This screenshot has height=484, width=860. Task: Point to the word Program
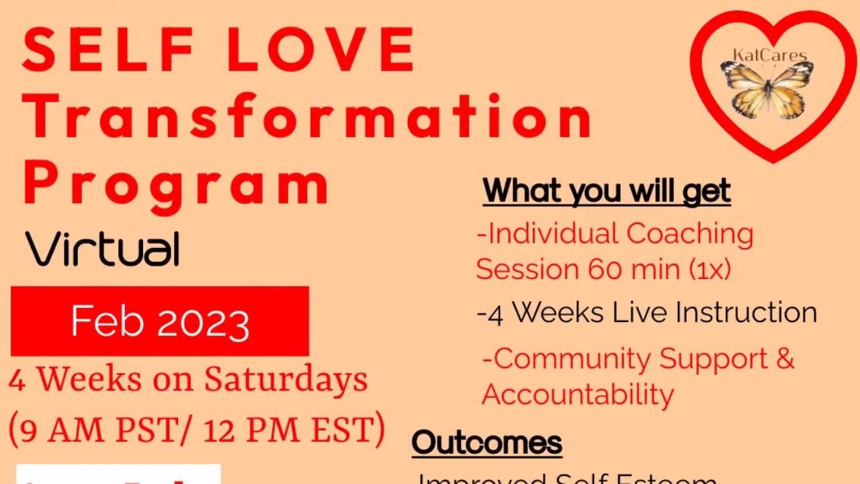point(177,182)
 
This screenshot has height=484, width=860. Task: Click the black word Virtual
point(103,249)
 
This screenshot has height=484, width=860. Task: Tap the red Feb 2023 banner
point(160,321)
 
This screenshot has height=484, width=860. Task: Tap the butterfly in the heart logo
point(767,87)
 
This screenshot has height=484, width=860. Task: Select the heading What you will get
point(606,192)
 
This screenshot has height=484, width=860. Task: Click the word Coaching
point(689,234)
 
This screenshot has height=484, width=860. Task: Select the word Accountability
point(577,394)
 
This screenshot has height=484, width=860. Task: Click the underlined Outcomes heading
point(486,442)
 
